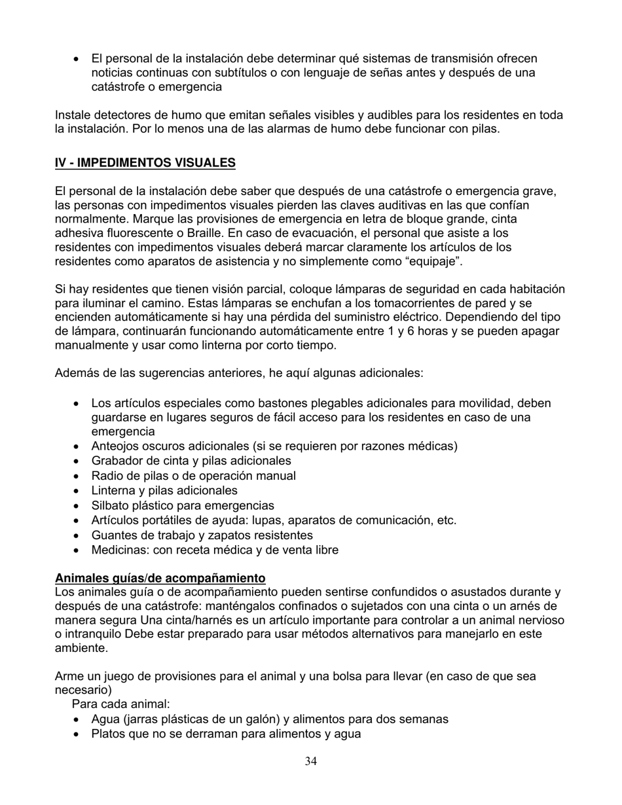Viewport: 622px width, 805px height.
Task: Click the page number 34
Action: click(x=311, y=761)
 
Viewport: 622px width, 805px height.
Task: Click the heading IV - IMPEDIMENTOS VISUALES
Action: click(x=145, y=162)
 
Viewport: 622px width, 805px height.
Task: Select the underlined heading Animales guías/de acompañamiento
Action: click(x=160, y=578)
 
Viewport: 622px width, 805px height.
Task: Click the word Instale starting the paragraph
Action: click(x=73, y=115)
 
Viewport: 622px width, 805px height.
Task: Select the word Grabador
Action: click(x=117, y=461)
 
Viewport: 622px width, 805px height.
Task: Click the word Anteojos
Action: click(x=117, y=446)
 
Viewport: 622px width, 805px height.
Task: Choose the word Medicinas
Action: click(x=120, y=550)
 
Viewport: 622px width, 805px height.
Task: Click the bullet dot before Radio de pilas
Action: click(x=78, y=476)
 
